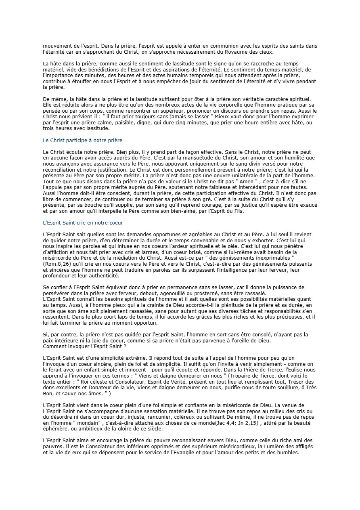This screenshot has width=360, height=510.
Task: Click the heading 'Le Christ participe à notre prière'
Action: pyautogui.click(x=82, y=141)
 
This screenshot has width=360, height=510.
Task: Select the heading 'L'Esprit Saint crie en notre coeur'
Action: pyautogui.click(x=83, y=222)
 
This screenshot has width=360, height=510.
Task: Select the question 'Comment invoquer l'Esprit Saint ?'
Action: pyautogui.click(x=85, y=346)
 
